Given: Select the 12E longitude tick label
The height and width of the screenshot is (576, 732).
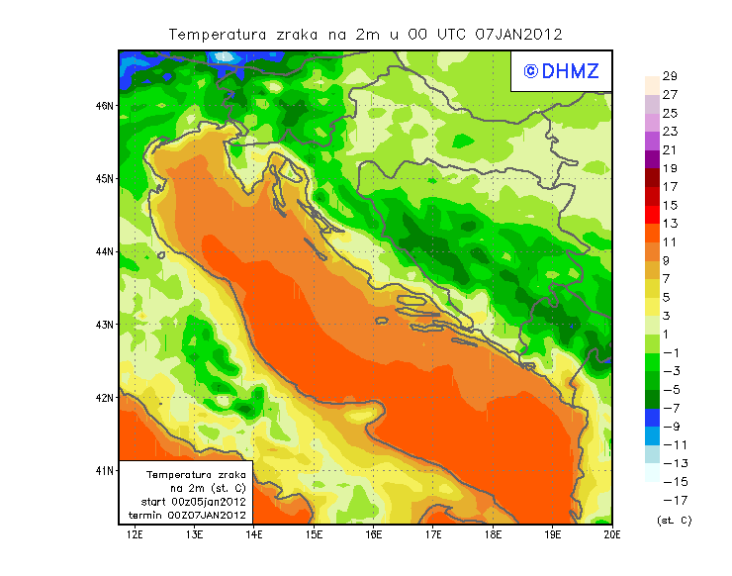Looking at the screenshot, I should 136,534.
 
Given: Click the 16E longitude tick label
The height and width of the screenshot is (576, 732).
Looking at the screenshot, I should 374,534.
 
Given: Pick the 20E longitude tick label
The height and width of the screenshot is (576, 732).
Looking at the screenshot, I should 612,534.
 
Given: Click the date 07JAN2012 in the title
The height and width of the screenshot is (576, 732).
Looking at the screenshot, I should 518,34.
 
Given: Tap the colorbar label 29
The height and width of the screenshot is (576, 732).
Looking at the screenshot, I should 669,76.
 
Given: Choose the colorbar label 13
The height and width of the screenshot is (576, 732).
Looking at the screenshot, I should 669,224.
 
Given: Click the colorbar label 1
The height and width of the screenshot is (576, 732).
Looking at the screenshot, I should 669,335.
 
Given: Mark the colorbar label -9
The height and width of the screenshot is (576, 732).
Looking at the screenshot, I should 669,427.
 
